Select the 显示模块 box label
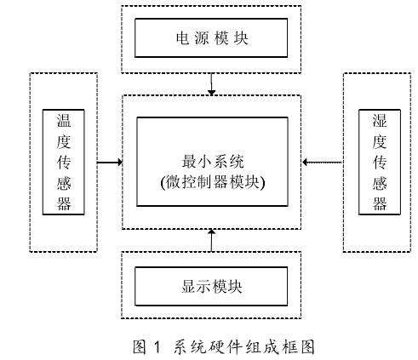click(211, 285)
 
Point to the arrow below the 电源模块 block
click(212, 84)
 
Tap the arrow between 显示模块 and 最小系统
click(212, 240)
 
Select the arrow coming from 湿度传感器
click(324, 162)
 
